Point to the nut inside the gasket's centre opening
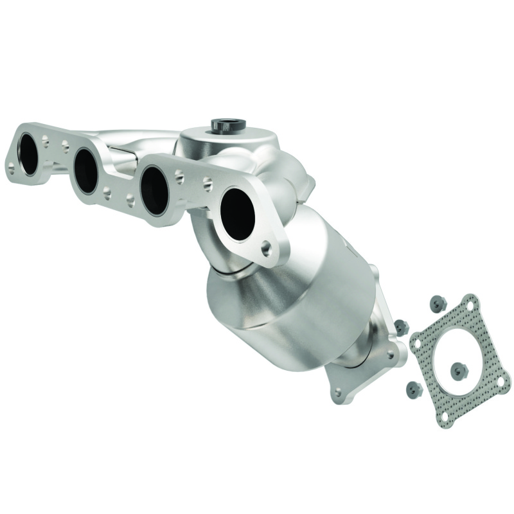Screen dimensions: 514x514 coord(457,368)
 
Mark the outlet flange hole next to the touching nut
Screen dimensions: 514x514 coord(391,352)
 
